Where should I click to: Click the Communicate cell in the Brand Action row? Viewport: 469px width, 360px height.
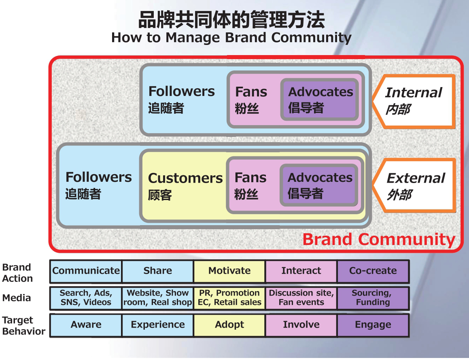(86, 271)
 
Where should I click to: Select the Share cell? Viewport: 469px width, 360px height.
(157, 271)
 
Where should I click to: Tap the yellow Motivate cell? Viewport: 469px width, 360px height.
(229, 271)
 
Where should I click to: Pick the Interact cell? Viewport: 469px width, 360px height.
(301, 271)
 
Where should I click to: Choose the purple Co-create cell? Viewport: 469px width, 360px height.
(373, 271)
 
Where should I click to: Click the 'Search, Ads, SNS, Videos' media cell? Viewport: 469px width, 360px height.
(86, 298)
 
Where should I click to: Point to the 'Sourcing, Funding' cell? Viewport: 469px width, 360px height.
(373, 298)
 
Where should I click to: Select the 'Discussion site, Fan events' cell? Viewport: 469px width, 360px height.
(301, 298)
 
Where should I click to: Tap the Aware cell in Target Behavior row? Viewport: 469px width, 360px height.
(86, 325)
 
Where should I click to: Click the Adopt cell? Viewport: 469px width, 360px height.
(229, 325)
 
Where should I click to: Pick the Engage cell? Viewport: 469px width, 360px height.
(373, 325)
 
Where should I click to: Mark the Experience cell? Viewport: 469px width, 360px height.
(157, 325)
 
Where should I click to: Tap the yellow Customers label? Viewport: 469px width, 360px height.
(185, 185)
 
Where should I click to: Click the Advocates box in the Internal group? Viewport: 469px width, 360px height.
(320, 99)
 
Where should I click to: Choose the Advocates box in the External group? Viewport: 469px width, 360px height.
(319, 185)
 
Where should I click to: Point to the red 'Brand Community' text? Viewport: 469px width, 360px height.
(379, 239)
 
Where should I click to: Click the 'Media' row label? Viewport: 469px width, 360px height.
(16, 298)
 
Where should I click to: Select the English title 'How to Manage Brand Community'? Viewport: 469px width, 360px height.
(231, 38)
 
